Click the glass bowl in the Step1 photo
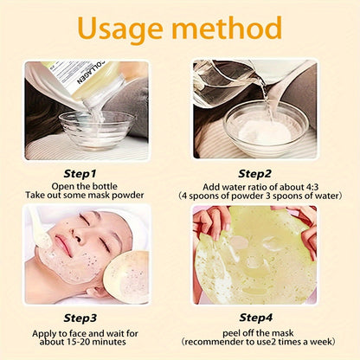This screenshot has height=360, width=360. tap(96, 130)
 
